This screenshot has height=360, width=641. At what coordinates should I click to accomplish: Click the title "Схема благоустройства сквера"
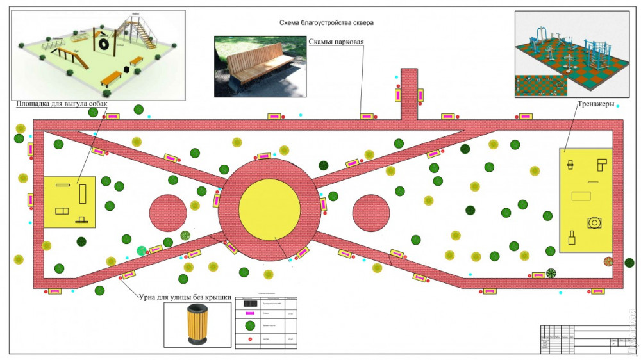tap(326, 23)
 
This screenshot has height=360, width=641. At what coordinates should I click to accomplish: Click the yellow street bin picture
tap(196, 325)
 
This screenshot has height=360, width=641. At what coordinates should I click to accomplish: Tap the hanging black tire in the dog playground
tap(103, 44)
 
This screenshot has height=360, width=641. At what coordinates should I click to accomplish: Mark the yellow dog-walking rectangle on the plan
tap(69, 202)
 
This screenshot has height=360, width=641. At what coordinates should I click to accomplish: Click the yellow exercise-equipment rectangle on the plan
tap(586, 200)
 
